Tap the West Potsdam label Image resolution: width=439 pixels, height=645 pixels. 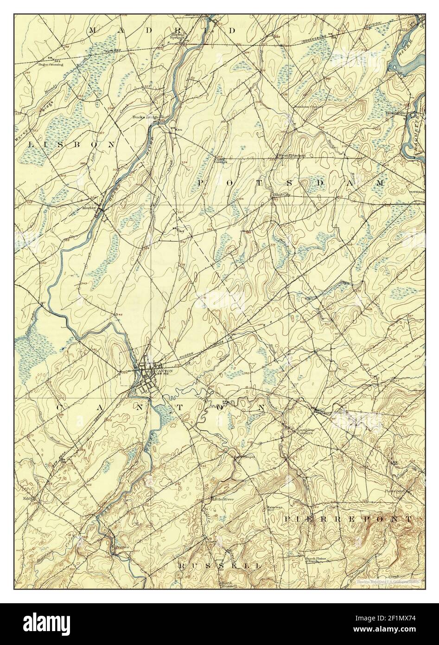pyautogui.click(x=292, y=155)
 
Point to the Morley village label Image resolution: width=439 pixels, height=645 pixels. pyautogui.click(x=89, y=207)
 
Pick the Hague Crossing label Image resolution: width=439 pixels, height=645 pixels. pyautogui.click(x=51, y=64)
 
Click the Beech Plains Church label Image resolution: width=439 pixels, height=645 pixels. pyautogui.click(x=304, y=560)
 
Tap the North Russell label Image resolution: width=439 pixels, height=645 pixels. pyautogui.click(x=229, y=584)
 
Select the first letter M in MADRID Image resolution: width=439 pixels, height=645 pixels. pyautogui.click(x=92, y=30)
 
